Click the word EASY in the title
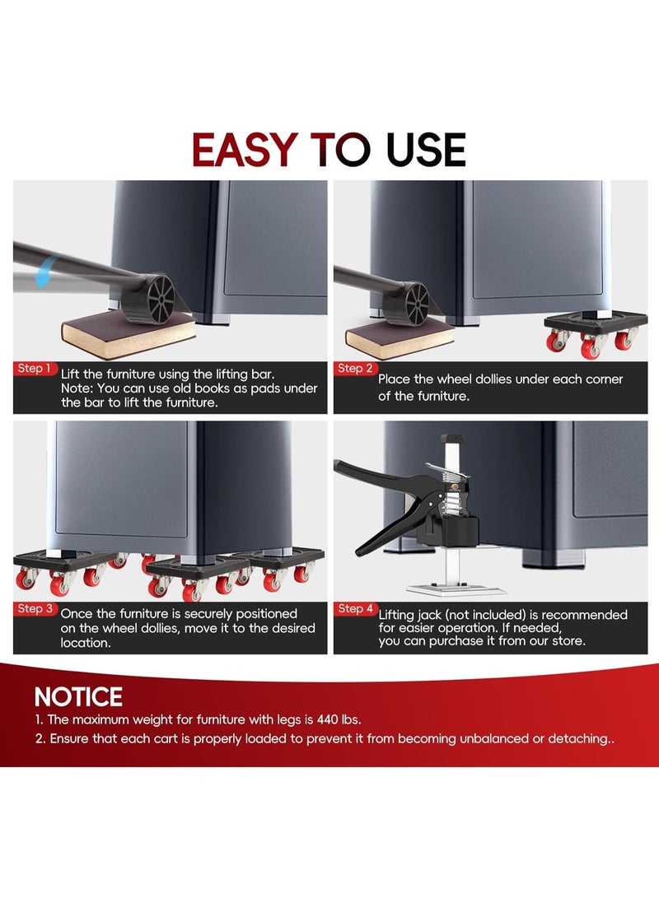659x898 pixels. point(244,150)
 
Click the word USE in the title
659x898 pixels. point(426,150)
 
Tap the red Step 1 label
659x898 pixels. point(35,368)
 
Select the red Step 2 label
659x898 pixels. point(355,368)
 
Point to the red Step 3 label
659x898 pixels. point(35,609)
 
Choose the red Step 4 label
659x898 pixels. point(355,609)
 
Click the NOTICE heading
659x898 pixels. point(78,697)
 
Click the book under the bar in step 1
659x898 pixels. point(128,333)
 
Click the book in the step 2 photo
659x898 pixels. point(397,337)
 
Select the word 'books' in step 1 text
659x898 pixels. point(181,389)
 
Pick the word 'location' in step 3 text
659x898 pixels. point(85,643)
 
